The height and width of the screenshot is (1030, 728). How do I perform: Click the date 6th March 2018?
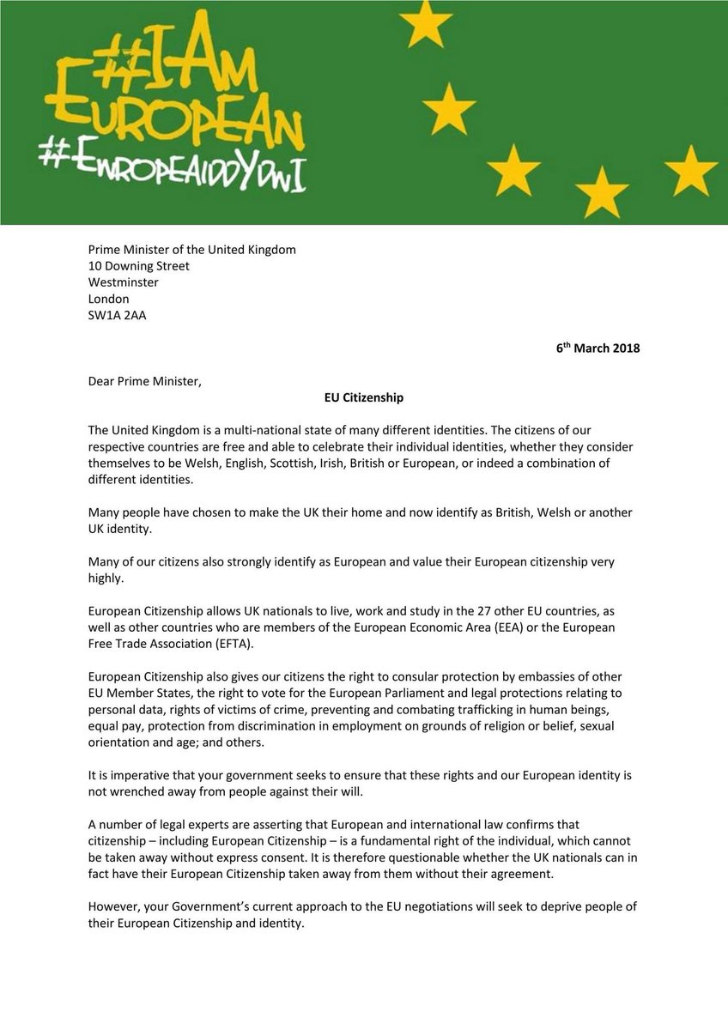[x=598, y=348]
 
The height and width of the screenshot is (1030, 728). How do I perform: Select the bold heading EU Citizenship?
[x=363, y=398]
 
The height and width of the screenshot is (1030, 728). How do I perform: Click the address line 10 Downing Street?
[x=139, y=266]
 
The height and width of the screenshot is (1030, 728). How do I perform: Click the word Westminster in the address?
[x=123, y=282]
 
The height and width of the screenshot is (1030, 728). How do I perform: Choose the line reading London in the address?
[x=109, y=299]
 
